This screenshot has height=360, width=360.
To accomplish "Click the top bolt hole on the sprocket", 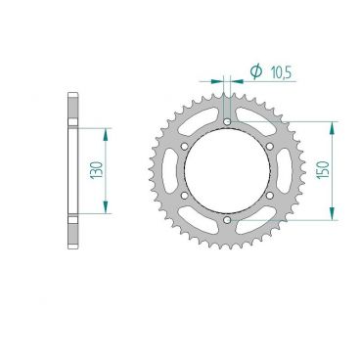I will click(x=228, y=121).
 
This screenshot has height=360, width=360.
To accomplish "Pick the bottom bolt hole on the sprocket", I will click(x=228, y=220).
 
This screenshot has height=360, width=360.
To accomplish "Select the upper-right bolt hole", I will click(x=270, y=147).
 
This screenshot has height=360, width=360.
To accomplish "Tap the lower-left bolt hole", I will click(x=185, y=196).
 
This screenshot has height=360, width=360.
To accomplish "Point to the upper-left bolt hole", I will click(x=185, y=147).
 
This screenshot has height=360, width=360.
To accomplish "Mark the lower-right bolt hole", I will click(x=270, y=196).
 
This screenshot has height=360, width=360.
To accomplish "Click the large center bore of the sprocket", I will click(x=228, y=171).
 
